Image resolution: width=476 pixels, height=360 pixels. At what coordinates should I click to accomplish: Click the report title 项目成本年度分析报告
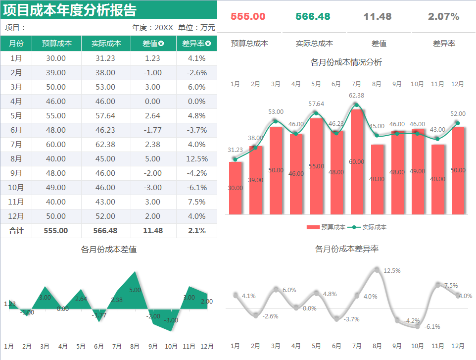pos(70,10)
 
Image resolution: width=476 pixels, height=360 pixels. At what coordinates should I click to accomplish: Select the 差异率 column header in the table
pos(196,44)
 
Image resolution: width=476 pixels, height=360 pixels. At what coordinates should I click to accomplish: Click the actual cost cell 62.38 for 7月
pos(106,145)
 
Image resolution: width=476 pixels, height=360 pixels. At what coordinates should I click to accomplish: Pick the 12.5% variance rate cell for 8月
pos(196,159)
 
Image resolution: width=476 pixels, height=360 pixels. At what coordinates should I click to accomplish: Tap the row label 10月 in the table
pos(16,188)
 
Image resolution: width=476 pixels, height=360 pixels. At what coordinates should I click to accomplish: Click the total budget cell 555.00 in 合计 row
pos(56,231)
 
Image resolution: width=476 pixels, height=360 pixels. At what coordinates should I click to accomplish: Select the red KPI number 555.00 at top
pos(248,16)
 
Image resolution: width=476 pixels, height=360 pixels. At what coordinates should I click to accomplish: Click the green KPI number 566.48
pos(313,16)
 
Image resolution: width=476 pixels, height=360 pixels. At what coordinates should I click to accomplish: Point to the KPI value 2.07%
pos(443,16)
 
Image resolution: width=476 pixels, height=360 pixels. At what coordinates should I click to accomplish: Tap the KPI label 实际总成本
pos(314,44)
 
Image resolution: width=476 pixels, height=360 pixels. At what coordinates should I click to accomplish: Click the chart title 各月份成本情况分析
pos(346,62)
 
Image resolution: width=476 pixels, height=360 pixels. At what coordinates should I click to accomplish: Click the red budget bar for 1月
pos(235,188)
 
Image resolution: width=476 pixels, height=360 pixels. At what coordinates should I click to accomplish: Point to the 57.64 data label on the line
pos(316,104)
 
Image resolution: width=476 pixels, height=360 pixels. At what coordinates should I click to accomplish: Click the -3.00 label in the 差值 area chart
pos(171,320)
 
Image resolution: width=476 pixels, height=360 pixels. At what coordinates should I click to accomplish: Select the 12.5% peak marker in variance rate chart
pos(377,270)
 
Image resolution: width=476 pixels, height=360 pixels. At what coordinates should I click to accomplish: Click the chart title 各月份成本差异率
pos(346,249)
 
